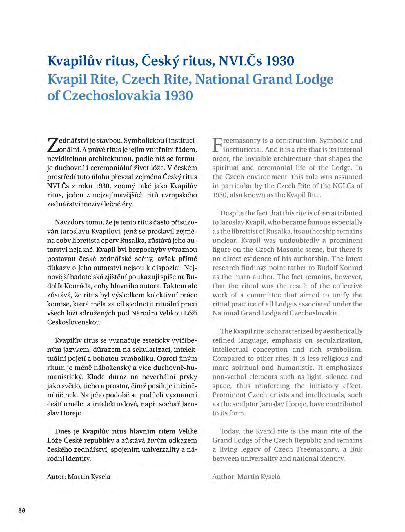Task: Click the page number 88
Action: pos(22,510)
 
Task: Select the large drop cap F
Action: pos(217,145)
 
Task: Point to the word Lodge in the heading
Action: pos(314,79)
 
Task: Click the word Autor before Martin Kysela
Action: pos(56,477)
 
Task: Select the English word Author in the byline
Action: pos(224,477)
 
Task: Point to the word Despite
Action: pos(232,213)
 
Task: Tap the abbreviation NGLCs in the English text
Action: pos(342,186)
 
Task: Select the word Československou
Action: pos(74,322)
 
